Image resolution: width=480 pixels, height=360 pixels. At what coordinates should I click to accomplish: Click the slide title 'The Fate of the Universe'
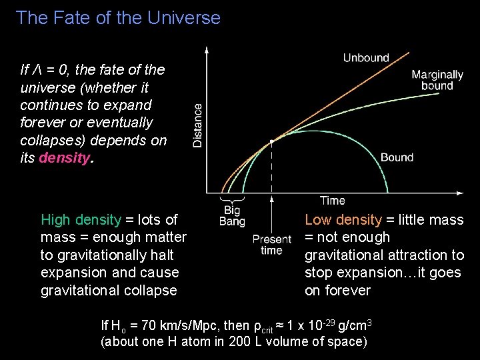118,17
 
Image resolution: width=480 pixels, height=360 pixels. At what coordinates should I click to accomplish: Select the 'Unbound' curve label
366,58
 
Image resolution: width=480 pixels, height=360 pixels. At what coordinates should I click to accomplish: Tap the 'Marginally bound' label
437,80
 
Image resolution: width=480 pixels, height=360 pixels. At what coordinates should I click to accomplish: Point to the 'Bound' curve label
397,157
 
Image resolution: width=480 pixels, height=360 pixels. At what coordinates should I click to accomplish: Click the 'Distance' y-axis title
198,125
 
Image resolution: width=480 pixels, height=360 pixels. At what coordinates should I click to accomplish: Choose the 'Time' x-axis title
332,200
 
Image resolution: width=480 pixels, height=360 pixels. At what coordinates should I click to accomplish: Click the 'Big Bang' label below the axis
232,217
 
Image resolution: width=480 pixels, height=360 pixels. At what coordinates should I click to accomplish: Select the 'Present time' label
272,245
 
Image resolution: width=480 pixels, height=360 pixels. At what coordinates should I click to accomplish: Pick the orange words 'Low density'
343,220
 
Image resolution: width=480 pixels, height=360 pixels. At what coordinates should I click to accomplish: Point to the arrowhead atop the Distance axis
207,50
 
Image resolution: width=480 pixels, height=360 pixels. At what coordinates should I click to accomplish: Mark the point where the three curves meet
272,141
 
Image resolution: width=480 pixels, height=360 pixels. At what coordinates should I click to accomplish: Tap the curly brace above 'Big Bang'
231,201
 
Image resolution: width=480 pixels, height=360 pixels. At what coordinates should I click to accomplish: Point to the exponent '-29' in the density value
328,323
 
